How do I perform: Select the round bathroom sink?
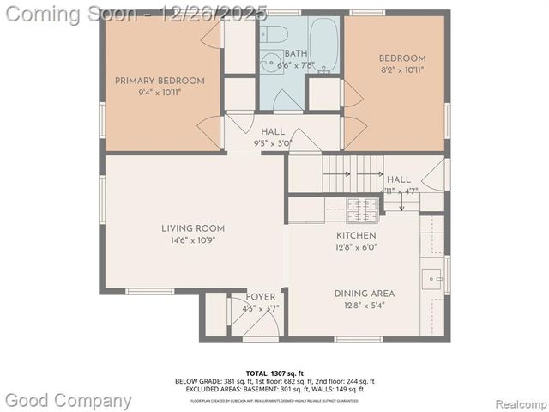(268, 63)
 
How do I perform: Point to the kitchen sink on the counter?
(431, 279)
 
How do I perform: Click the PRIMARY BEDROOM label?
(160, 82)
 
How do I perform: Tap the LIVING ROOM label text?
(193, 228)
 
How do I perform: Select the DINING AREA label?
(365, 294)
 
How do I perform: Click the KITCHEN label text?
(356, 235)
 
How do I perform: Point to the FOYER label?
(261, 297)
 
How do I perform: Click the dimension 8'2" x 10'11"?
(402, 70)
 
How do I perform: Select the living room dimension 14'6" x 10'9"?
(193, 240)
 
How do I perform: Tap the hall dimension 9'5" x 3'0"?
(273, 143)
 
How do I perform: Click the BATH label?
(284, 53)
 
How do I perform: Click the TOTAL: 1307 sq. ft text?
(274, 373)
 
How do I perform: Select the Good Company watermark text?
(69, 400)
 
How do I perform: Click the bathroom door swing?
(287, 101)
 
